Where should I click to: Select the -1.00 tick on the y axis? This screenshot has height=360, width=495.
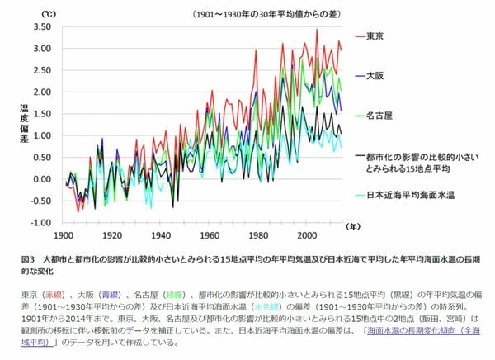[x=42, y=223]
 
